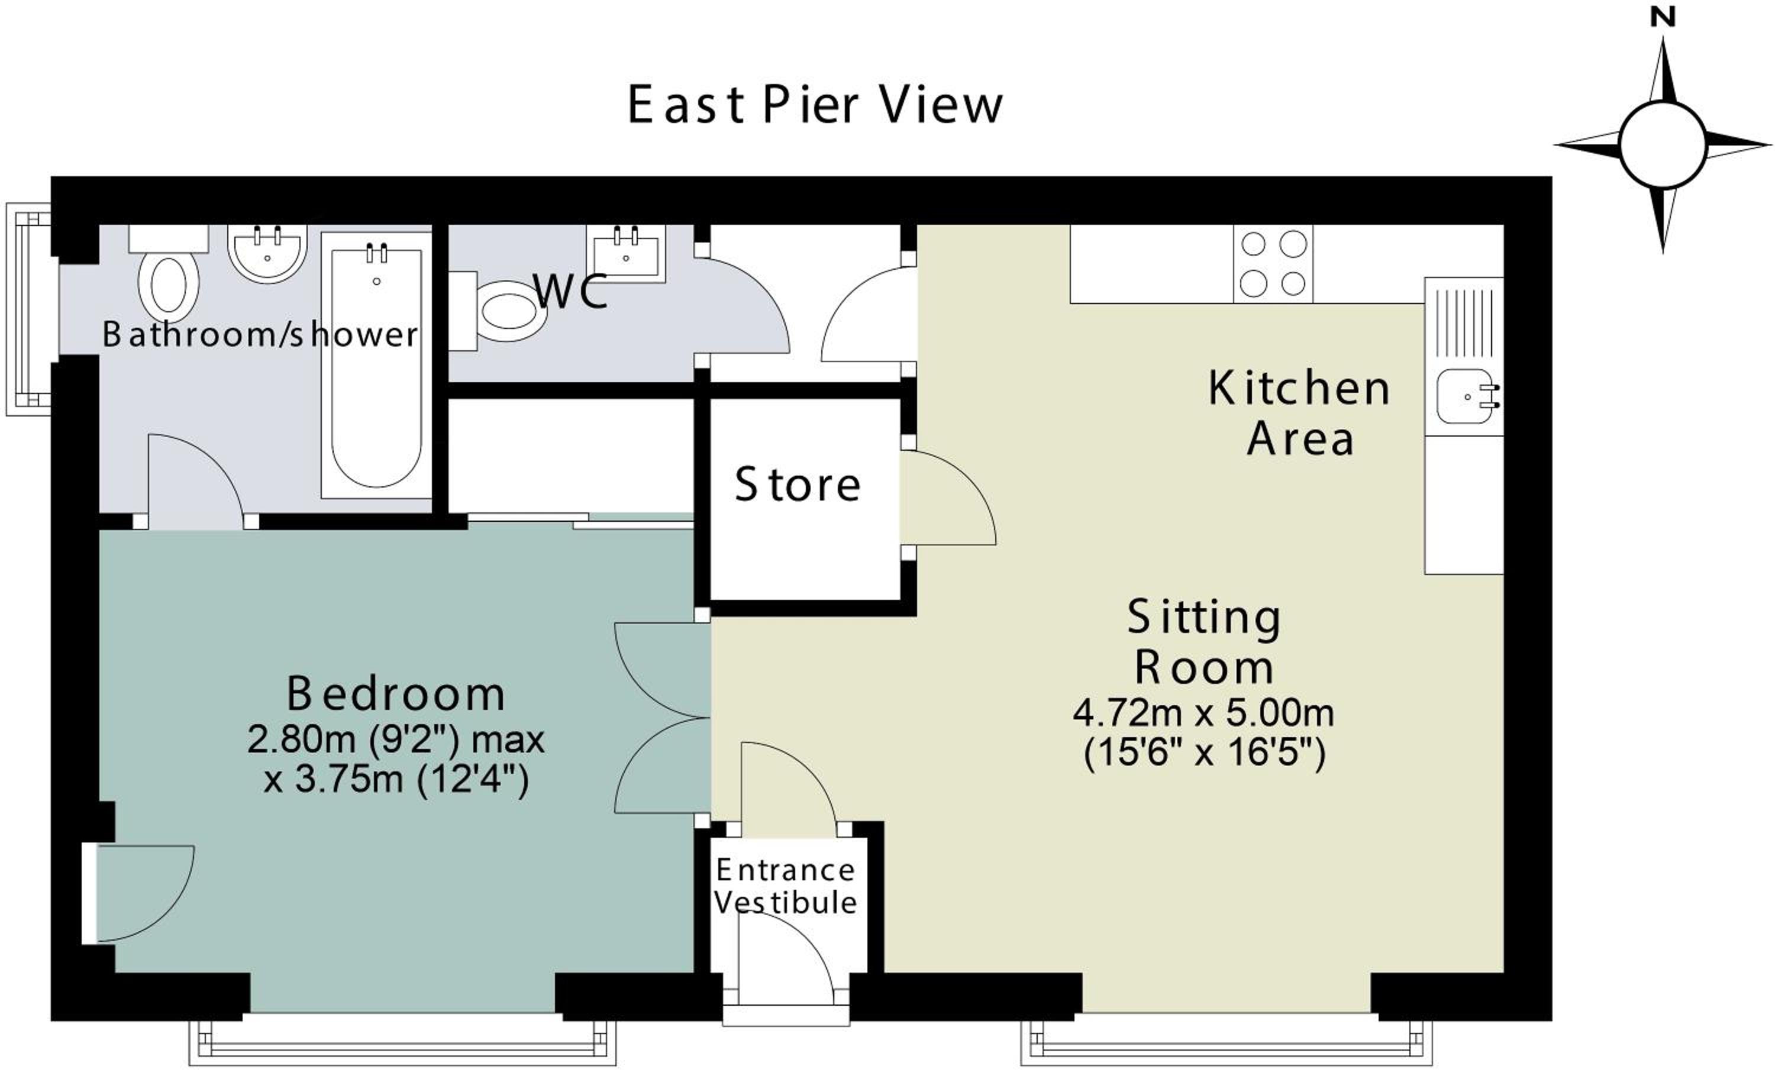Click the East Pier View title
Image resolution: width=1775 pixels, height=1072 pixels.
[815, 105]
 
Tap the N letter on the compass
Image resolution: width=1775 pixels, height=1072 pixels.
[1663, 18]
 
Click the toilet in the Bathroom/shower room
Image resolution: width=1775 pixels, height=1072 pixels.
[169, 274]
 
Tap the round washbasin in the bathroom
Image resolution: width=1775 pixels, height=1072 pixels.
[267, 254]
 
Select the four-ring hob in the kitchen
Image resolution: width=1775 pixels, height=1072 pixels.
[1273, 264]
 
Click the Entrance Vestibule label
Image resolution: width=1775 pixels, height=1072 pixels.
[785, 886]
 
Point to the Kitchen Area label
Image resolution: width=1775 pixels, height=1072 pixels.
[1299, 413]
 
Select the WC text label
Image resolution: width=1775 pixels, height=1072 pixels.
[570, 291]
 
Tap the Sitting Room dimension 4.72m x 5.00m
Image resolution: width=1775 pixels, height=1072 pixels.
[1203, 712]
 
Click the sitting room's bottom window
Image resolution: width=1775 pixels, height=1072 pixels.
[1227, 1042]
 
